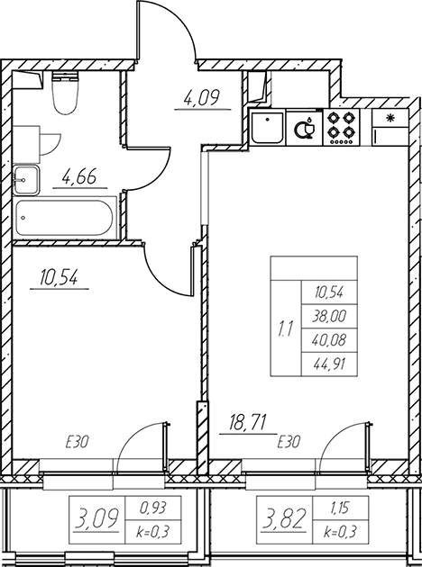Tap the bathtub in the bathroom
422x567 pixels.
[65, 218]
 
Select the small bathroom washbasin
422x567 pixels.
[26, 180]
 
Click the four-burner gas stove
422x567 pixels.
[341, 127]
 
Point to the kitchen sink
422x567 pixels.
[267, 128]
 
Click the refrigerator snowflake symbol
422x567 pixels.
[390, 118]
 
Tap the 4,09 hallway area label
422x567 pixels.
[202, 98]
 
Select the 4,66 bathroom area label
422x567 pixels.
[79, 177]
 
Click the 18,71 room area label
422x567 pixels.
[248, 423]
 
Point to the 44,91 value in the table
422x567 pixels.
[329, 364]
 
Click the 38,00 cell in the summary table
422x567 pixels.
[329, 317]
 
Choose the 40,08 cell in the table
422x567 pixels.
[329, 340]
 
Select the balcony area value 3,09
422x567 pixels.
[96, 518]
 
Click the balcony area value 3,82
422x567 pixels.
[284, 518]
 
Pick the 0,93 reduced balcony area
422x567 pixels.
[153, 508]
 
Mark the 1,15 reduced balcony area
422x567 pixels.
[340, 508]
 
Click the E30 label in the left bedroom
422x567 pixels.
[78, 442]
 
